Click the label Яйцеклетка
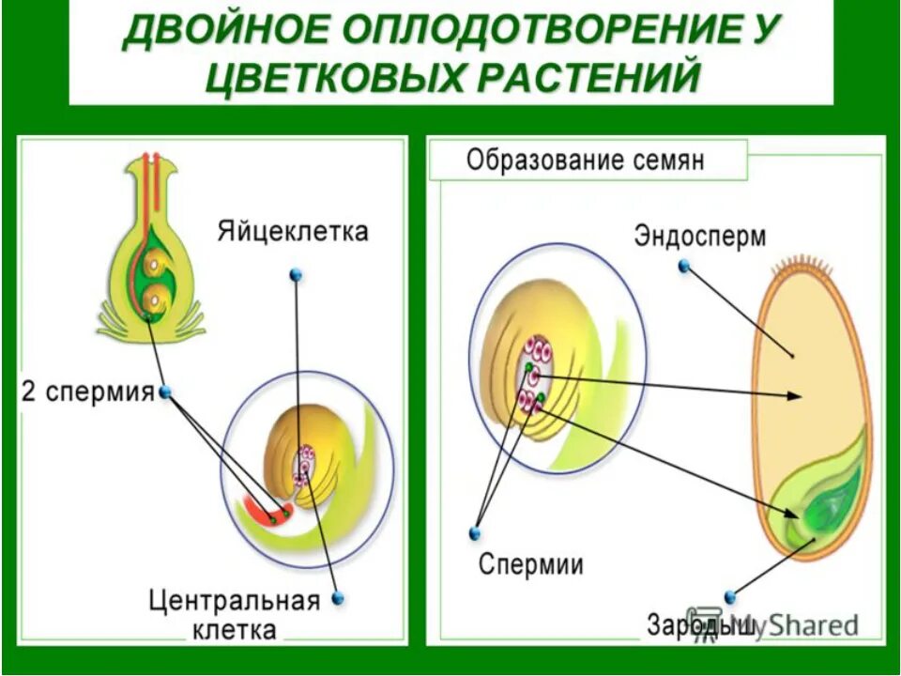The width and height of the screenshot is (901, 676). pos(293,232)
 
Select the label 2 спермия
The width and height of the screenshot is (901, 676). pos(87,392)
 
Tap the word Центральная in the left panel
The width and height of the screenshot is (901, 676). pos(235,600)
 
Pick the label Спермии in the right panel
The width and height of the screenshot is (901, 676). pos(530,565)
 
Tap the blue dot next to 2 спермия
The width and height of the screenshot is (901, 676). pos(166,392)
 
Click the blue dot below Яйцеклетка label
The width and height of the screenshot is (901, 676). pos(297,275)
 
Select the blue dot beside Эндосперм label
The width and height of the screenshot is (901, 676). pos(684,266)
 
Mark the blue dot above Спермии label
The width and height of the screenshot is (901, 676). pos(475,532)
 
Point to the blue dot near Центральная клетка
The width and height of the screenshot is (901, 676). pos(338,597)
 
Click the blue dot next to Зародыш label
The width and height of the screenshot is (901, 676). pos(730,596)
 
